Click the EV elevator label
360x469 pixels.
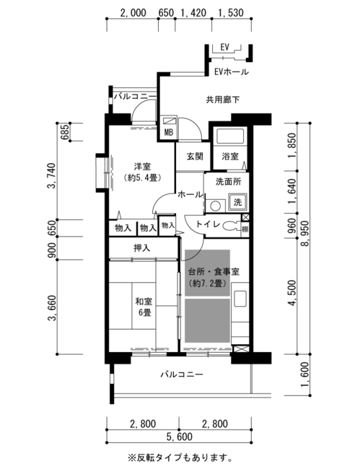tap(224, 47)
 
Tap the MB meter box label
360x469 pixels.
tap(169, 132)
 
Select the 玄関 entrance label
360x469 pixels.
tap(195, 156)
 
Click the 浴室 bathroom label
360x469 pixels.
tap(230, 156)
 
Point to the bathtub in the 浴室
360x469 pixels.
tap(230, 136)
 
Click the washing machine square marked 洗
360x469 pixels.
tap(237, 202)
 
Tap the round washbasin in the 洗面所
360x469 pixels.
tap(215, 206)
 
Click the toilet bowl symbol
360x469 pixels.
tap(229, 226)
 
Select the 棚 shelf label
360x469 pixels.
tap(245, 229)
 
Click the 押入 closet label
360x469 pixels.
tap(141, 248)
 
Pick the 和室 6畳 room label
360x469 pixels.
tap(144, 307)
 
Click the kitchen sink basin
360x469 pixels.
tap(240, 298)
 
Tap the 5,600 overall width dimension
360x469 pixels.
tap(179, 437)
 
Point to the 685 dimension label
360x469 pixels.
tap(65, 132)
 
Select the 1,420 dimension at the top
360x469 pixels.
tap(193, 13)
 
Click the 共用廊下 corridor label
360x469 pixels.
tap(223, 100)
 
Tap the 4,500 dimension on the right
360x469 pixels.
tap(292, 293)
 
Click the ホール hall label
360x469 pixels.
tap(190, 195)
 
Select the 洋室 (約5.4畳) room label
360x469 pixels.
tap(142, 172)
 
